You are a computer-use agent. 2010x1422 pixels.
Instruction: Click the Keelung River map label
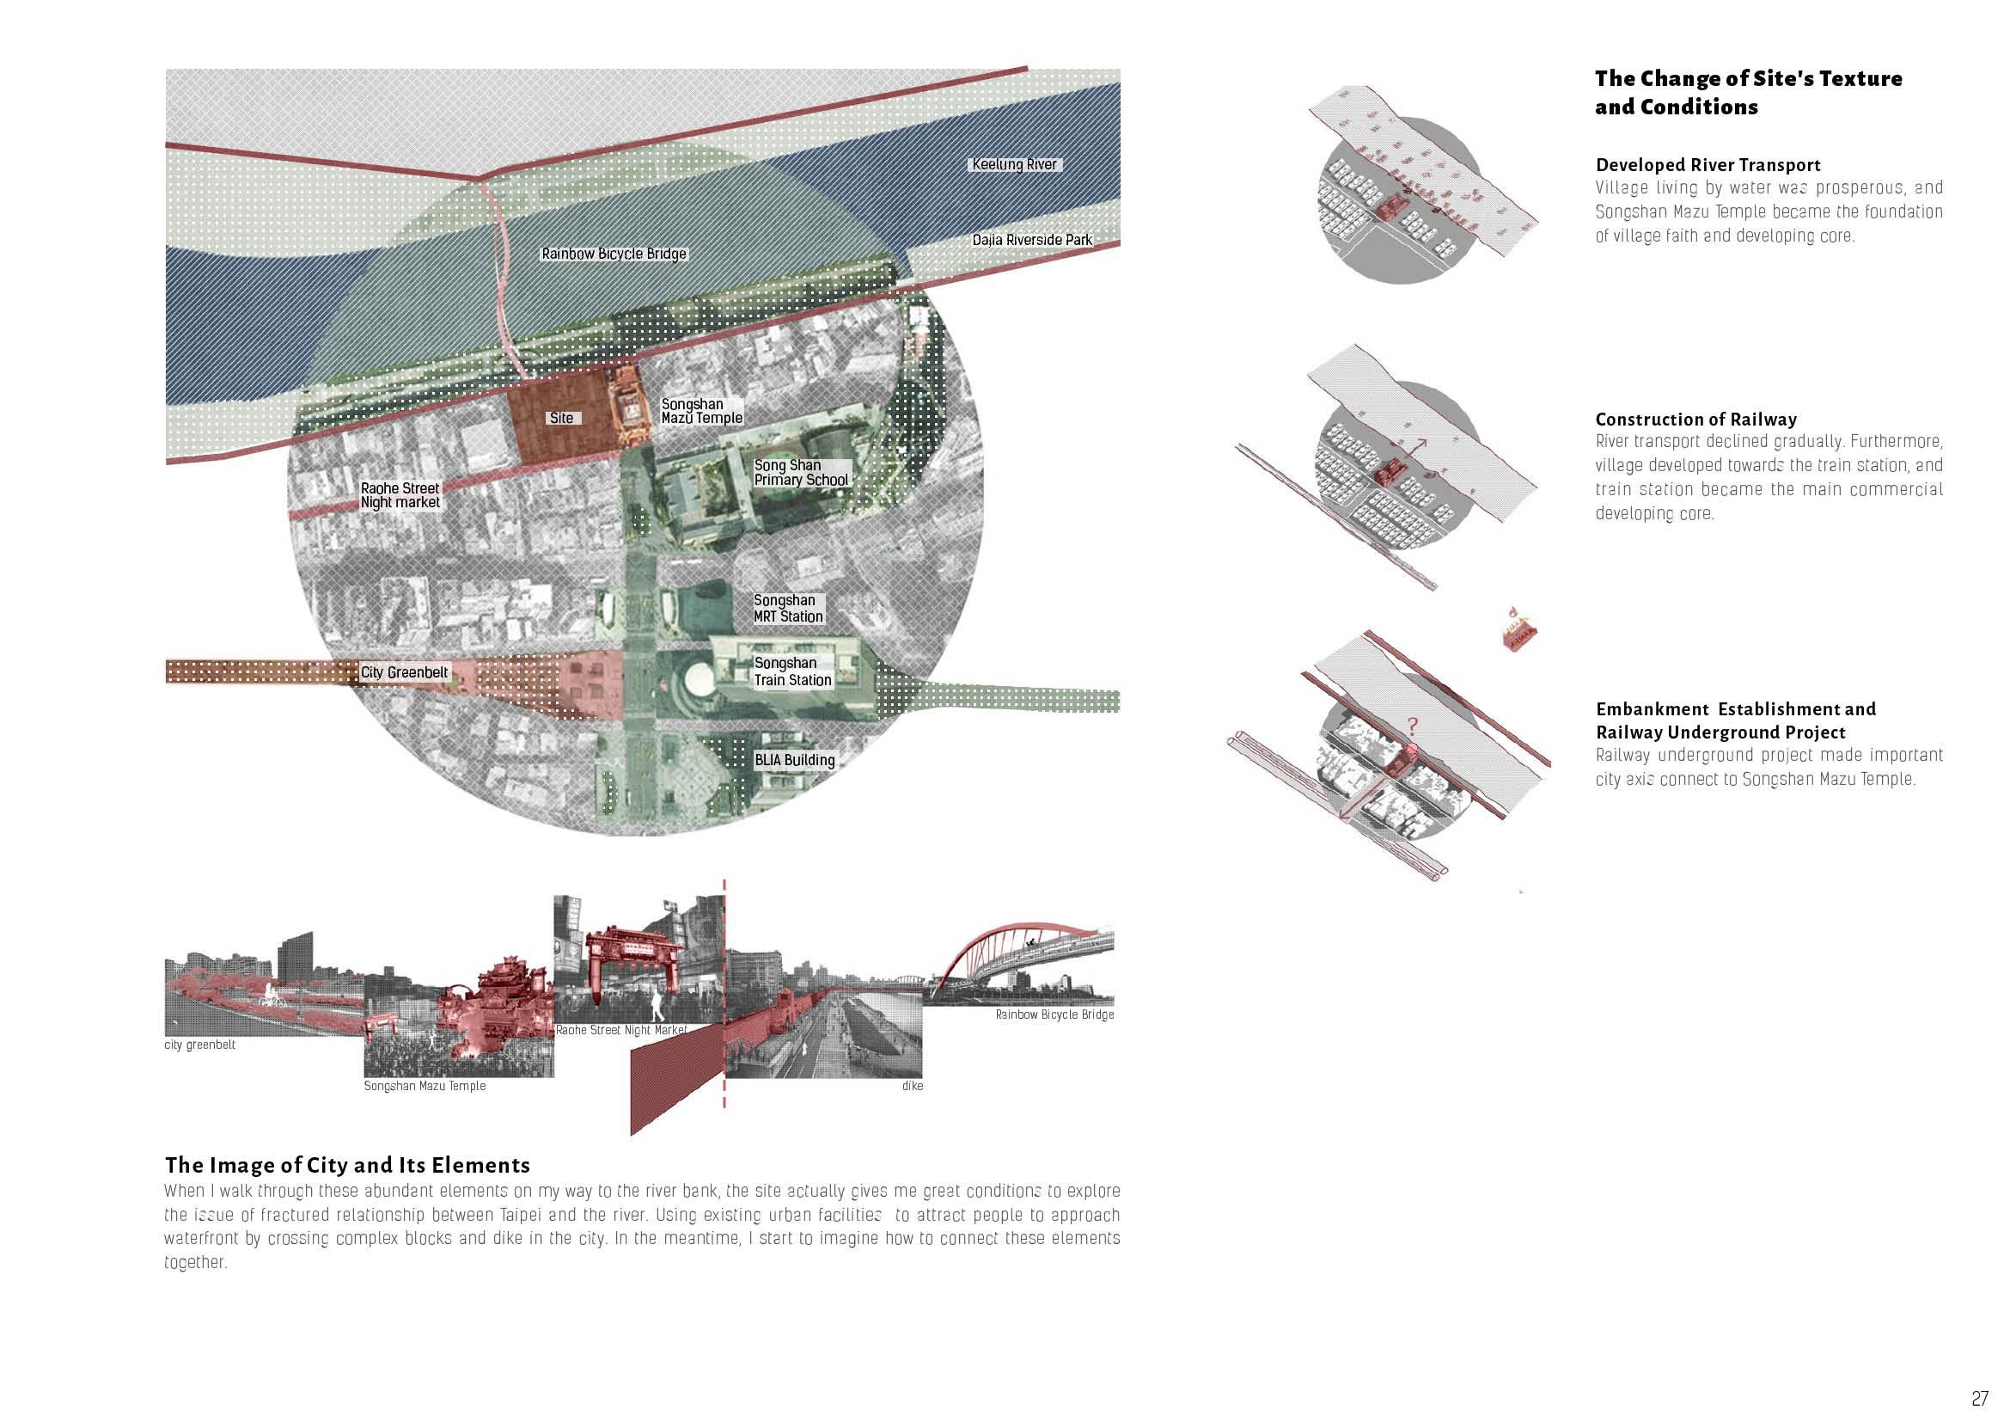[x=1014, y=164]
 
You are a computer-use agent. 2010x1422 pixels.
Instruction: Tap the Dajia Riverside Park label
[x=1032, y=240]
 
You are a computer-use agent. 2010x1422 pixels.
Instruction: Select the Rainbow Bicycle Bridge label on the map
[x=614, y=254]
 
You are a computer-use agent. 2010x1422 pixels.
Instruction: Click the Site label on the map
[x=561, y=418]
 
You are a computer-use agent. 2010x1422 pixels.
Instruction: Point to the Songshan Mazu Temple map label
[x=701, y=412]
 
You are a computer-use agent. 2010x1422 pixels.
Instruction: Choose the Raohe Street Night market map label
[x=400, y=495]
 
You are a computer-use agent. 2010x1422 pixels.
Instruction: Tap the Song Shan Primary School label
[x=800, y=473]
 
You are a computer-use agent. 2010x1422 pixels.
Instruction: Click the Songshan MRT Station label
[x=788, y=609]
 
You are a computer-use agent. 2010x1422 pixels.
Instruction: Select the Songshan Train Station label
[x=792, y=671]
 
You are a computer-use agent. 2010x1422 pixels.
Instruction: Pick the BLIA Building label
[x=794, y=760]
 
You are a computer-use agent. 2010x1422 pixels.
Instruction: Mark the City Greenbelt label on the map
[x=405, y=672]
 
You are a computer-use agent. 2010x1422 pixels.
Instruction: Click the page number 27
[x=1979, y=1399]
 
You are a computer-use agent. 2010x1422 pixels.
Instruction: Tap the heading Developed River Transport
[x=1708, y=165]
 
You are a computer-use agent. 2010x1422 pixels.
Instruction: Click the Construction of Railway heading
[x=1695, y=420]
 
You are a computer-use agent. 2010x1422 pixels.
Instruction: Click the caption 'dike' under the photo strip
[x=913, y=1086]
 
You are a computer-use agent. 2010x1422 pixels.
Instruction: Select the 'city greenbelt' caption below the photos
[x=199, y=1045]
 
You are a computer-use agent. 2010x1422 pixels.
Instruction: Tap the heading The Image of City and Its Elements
[x=347, y=1166]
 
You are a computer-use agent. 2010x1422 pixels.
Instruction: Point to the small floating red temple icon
[x=1521, y=633]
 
